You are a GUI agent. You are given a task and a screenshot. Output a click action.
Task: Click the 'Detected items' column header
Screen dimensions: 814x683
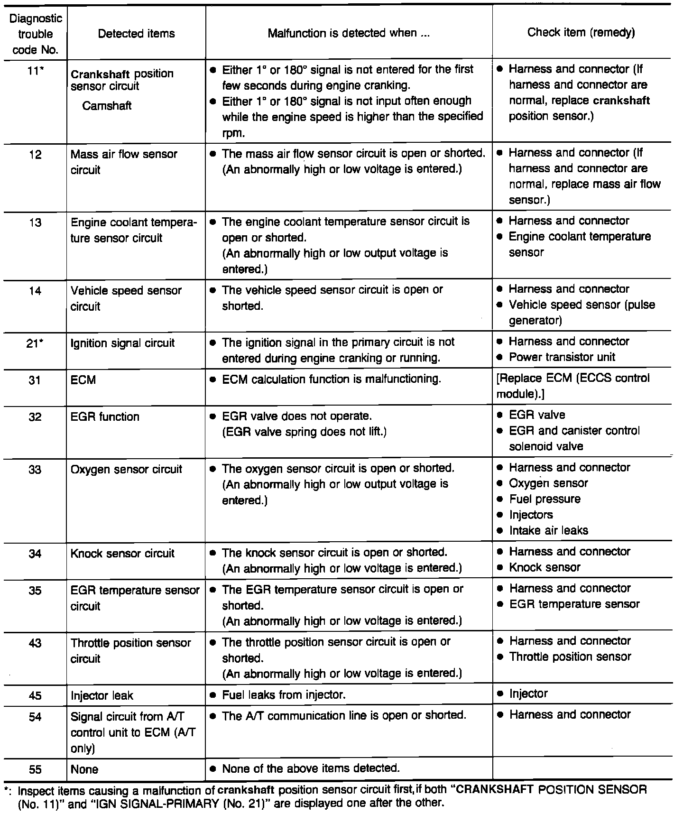tap(136, 34)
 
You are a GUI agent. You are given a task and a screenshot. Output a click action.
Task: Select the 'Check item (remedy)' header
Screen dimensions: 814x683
tap(581, 32)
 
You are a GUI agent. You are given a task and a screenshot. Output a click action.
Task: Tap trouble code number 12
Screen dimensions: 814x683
tap(35, 155)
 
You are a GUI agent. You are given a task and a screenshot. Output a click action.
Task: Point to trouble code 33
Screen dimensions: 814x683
tap(35, 470)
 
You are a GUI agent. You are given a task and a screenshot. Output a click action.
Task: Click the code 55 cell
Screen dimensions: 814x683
tap(35, 769)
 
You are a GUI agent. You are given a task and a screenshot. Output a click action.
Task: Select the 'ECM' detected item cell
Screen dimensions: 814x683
tap(83, 380)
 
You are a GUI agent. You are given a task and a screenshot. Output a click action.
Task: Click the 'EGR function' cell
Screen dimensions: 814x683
tap(105, 417)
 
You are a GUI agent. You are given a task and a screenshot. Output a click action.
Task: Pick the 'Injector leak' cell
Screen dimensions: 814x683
tap(102, 696)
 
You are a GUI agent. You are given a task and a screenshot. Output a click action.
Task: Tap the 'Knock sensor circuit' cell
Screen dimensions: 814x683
tap(122, 554)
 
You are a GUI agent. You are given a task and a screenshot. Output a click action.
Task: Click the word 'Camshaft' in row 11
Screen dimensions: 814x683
tap(107, 106)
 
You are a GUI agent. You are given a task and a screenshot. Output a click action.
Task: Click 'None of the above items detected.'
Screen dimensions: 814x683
tap(311, 768)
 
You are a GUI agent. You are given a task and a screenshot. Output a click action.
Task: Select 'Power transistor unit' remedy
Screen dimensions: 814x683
tap(562, 357)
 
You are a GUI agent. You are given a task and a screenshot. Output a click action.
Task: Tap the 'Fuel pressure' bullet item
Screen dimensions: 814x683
tap(545, 499)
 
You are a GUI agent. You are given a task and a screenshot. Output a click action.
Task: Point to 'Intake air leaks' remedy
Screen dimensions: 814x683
tap(548, 531)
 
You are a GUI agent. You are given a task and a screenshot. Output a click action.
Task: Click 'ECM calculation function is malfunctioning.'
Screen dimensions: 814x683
tap(332, 379)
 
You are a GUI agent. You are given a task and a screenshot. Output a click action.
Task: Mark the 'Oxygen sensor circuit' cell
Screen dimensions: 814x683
tap(126, 470)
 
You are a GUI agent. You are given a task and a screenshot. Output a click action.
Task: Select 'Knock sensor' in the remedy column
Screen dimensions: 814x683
tap(545, 567)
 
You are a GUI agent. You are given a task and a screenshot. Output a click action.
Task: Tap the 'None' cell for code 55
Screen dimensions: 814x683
tap(84, 769)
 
